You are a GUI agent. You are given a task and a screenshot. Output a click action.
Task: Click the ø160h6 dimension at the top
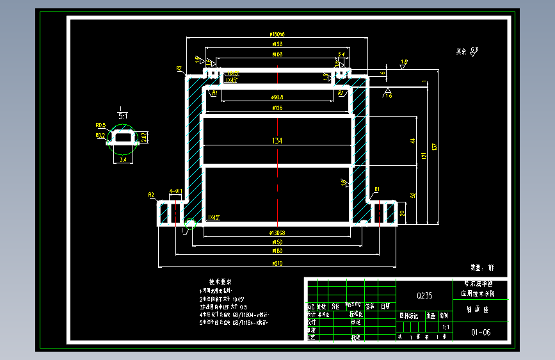277,35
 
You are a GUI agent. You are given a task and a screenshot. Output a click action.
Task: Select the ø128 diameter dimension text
277,44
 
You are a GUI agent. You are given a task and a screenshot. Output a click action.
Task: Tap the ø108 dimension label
277,54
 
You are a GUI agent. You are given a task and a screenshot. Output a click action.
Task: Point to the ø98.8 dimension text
277,97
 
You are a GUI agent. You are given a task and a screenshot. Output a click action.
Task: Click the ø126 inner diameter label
277,108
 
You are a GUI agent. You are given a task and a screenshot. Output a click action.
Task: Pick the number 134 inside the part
277,140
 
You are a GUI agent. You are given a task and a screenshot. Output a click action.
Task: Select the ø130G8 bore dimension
277,233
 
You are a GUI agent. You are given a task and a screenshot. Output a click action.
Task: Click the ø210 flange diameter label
277,263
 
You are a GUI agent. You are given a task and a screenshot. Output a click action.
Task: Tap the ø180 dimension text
277,252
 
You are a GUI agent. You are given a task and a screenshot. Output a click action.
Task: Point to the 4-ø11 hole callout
175,192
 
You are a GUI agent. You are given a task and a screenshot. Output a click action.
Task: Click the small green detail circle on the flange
189,224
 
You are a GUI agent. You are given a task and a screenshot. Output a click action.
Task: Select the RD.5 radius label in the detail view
101,126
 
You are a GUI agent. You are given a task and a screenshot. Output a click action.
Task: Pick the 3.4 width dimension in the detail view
123,160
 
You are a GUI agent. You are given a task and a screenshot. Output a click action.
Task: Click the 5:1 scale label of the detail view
122,116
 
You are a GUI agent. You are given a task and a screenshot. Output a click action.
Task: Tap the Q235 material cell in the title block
424,295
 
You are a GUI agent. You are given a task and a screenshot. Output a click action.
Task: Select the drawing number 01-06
481,332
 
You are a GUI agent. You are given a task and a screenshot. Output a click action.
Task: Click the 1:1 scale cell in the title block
446,327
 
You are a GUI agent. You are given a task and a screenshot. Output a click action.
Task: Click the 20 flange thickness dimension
402,213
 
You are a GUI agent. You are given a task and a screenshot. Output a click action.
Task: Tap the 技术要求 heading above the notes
220,281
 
